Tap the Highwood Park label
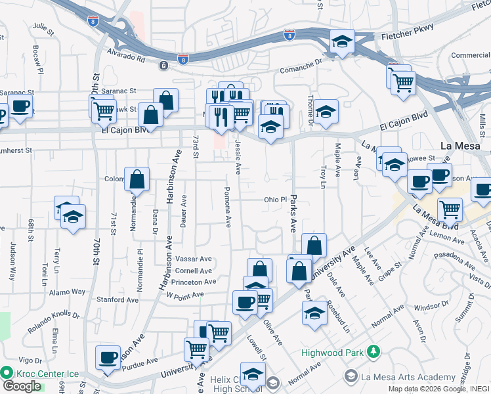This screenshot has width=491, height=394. point(332,353)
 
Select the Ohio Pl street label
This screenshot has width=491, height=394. point(276,200)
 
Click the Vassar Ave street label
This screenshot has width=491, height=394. point(193,259)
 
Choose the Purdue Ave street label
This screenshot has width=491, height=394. point(142,361)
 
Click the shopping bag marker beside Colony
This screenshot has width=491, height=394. point(137,179)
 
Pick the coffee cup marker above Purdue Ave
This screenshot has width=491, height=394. point(108,357)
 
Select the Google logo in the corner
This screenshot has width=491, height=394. point(22,386)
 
